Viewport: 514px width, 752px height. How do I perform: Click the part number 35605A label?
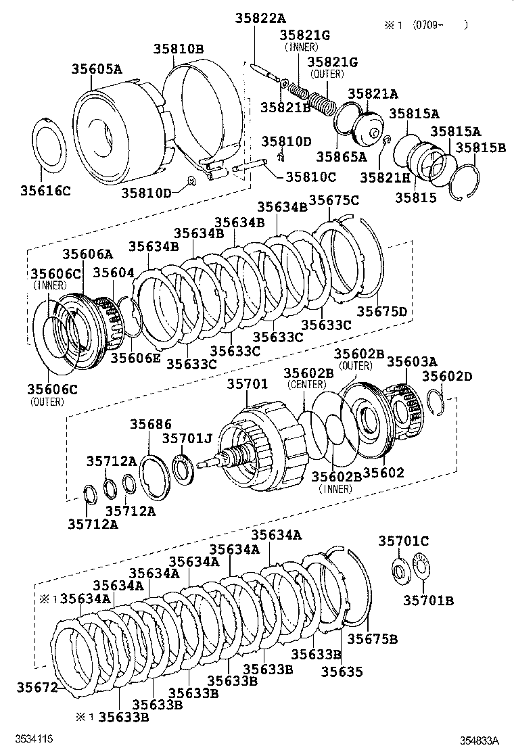(x=97, y=69)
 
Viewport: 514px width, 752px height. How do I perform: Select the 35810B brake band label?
(x=178, y=49)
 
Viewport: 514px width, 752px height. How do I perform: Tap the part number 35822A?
(x=260, y=19)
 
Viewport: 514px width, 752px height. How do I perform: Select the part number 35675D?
(x=382, y=311)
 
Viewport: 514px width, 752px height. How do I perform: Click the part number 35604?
(x=113, y=273)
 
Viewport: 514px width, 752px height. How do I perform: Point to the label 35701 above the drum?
(x=247, y=383)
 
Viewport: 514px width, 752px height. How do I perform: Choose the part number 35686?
(x=151, y=424)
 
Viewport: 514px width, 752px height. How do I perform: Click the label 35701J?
(x=187, y=439)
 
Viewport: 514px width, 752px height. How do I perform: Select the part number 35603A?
(x=412, y=362)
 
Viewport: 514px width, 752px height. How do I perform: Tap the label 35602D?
(x=447, y=376)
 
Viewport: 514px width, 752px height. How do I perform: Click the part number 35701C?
(x=403, y=541)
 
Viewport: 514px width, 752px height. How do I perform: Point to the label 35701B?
(x=429, y=600)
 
